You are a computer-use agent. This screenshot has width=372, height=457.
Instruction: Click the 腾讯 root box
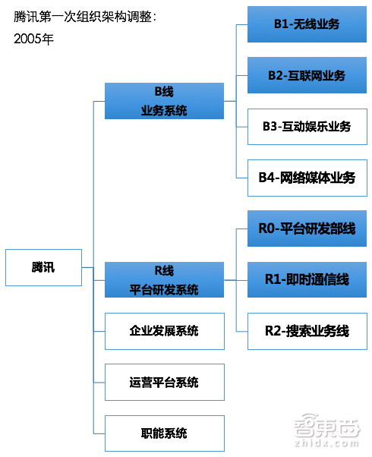click(x=43, y=267)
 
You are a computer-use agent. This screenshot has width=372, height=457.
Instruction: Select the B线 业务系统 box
click(x=164, y=101)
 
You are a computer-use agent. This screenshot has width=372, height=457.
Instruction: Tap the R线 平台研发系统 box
click(x=164, y=279)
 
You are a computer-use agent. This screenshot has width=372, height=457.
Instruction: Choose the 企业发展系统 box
click(x=164, y=331)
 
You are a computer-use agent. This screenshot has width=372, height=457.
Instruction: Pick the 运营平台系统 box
click(x=164, y=382)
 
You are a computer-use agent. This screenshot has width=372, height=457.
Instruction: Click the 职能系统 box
click(x=164, y=433)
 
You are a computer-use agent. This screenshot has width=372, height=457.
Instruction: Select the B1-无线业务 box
click(x=307, y=24)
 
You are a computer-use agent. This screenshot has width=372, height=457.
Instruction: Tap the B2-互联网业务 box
click(x=307, y=75)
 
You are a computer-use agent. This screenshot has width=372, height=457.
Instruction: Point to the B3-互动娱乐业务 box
click(x=307, y=127)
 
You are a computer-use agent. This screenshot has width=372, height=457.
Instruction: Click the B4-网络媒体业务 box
click(x=307, y=178)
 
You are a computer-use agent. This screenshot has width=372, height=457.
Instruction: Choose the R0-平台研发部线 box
click(x=307, y=228)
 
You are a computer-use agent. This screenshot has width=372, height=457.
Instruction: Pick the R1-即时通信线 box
click(x=307, y=279)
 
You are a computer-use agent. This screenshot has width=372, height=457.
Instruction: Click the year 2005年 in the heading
click(x=33, y=39)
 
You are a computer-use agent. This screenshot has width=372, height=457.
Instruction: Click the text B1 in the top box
click(x=282, y=24)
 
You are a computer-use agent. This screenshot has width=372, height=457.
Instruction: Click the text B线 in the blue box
click(x=164, y=92)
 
